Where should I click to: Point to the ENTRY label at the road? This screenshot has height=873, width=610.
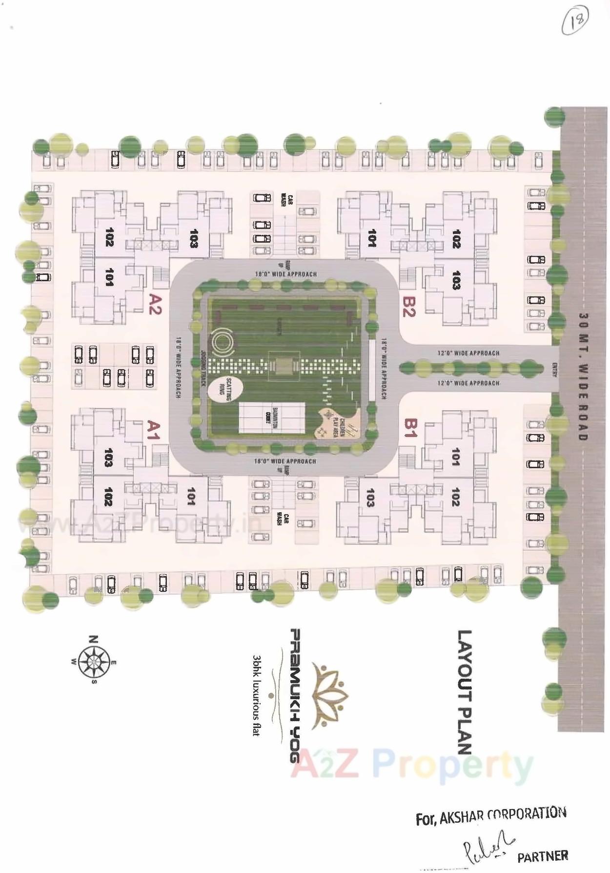pyautogui.click(x=554, y=369)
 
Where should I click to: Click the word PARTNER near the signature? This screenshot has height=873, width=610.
pyautogui.click(x=543, y=856)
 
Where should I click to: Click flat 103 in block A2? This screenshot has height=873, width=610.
pyautogui.click(x=194, y=238)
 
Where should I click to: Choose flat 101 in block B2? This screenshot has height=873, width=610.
pyautogui.click(x=372, y=238)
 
